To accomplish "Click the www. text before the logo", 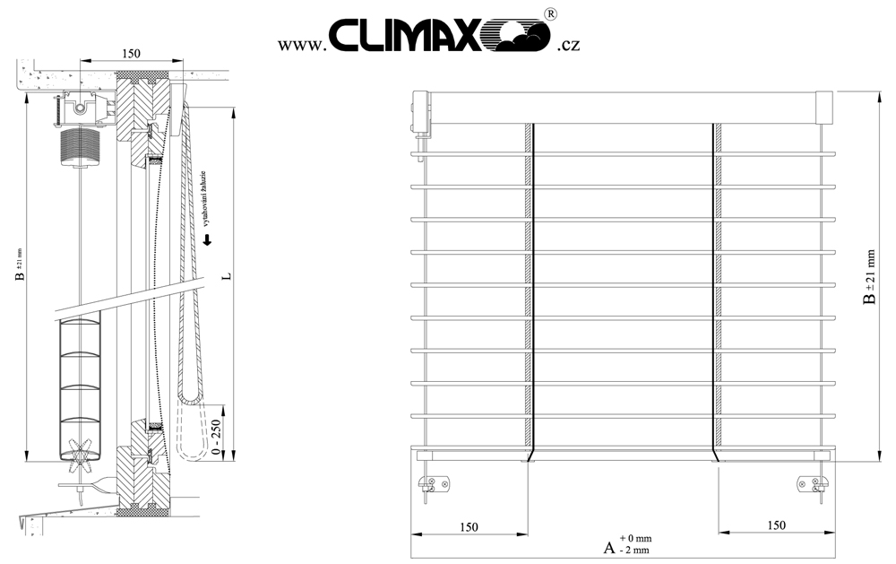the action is point(300,45).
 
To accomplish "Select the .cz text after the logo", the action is point(568,45).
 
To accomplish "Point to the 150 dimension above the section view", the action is point(131,53).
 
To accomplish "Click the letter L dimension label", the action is point(227,275).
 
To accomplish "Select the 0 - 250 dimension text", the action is point(215,437).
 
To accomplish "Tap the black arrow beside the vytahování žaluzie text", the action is point(208,239).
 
